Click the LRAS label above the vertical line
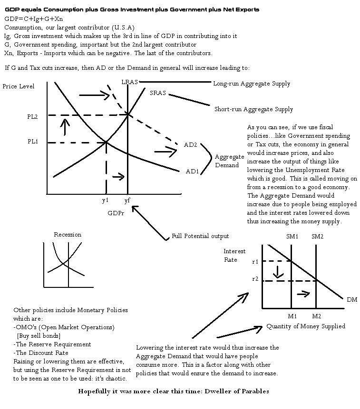pyautogui.click(x=129, y=82)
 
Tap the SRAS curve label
pyautogui.click(x=157, y=93)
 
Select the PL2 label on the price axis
pyautogui.click(x=33, y=116)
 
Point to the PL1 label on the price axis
pyautogui.click(x=33, y=142)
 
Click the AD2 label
pyautogui.click(x=190, y=144)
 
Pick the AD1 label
pyautogui.click(x=192, y=171)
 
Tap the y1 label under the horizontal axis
pyautogui.click(x=105, y=200)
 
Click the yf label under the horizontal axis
pyautogui.click(x=127, y=200)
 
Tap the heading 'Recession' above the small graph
pyautogui.click(x=68, y=235)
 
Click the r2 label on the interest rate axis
pyautogui.click(x=255, y=279)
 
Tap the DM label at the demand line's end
pyautogui.click(x=351, y=299)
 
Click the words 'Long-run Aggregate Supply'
pyautogui.click(x=251, y=84)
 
